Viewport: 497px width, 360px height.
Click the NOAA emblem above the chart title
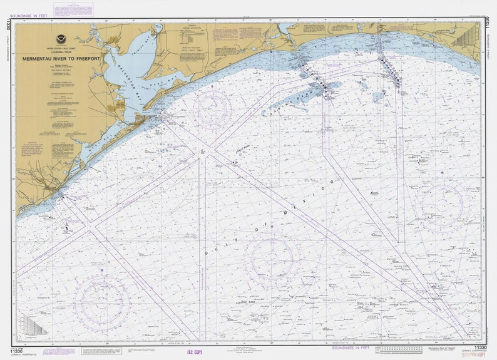pyautogui.click(x=61, y=39)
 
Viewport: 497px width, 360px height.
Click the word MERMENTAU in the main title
pyautogui.click(x=39, y=58)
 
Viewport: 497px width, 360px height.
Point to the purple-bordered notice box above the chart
pyautogui.click(x=74, y=9)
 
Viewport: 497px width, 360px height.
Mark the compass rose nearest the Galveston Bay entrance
pyautogui.click(x=213, y=110)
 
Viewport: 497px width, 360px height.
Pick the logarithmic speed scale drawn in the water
pyautogui.click(x=34, y=325)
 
